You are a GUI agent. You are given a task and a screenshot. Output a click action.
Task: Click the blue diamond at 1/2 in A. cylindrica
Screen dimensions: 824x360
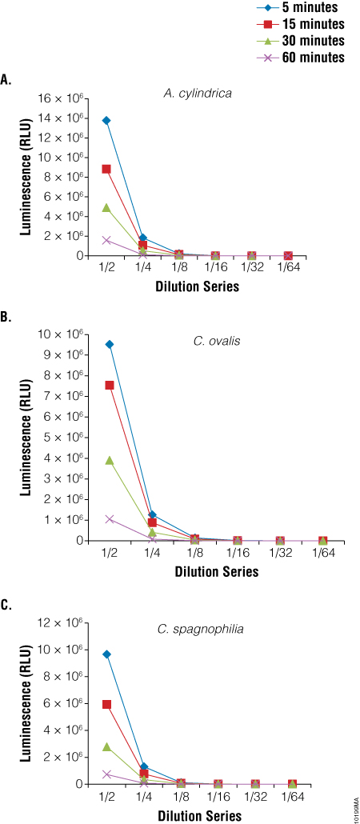(x=106, y=121)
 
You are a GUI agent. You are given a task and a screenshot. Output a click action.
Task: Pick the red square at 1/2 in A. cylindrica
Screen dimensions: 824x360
(x=106, y=169)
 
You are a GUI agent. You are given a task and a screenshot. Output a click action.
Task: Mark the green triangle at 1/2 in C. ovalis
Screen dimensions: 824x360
(x=110, y=461)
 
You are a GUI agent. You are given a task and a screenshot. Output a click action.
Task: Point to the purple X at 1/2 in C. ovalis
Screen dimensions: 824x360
(x=110, y=519)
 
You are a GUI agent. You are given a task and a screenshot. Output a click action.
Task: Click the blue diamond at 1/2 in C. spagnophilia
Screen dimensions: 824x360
(x=106, y=654)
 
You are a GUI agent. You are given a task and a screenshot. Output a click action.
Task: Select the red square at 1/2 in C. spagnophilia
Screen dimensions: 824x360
(x=106, y=704)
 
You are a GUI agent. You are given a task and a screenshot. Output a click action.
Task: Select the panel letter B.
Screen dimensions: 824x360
(x=6, y=318)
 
